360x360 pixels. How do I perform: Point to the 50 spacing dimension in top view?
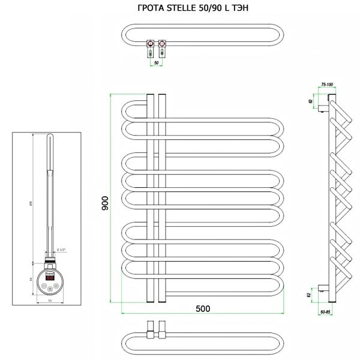click(x=157, y=62)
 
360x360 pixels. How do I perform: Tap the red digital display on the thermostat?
click(x=50, y=277)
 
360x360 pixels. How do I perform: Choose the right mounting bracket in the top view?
click(x=162, y=46)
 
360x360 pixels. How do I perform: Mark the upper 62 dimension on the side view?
click(x=311, y=101)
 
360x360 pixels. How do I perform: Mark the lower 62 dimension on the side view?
click(x=311, y=295)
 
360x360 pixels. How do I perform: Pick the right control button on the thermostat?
click(x=56, y=286)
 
